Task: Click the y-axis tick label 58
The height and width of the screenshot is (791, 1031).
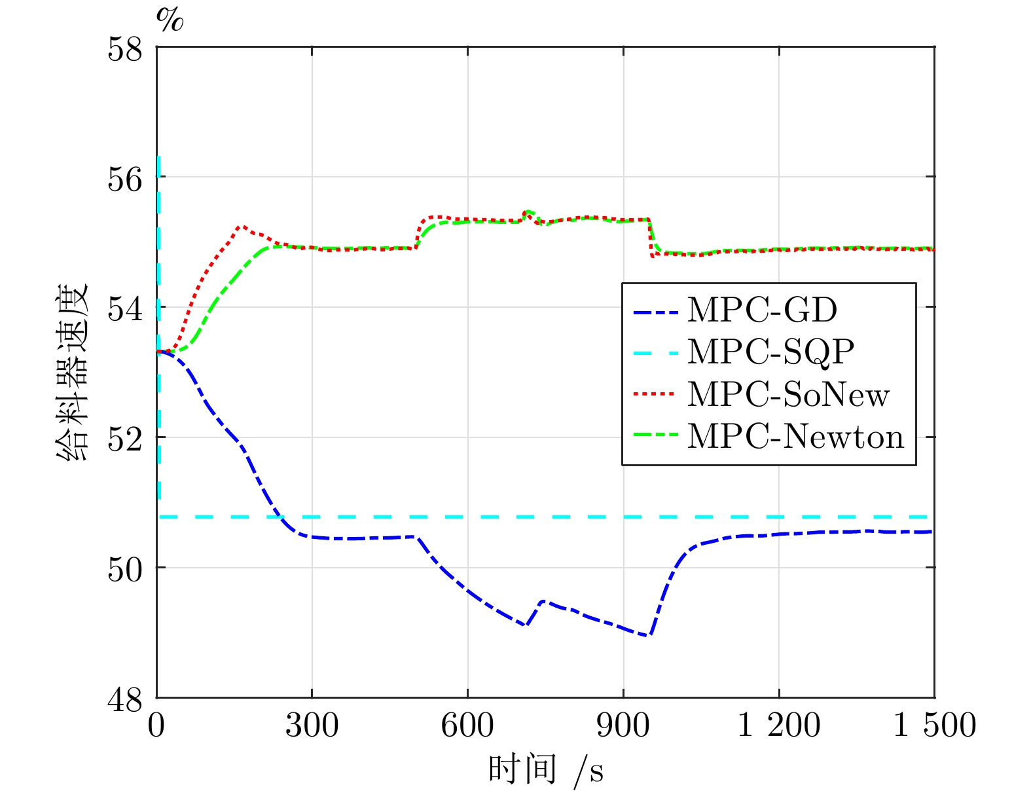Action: (125, 49)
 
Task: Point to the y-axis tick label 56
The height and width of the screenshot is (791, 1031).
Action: (125, 179)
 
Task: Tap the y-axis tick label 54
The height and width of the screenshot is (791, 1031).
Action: (125, 309)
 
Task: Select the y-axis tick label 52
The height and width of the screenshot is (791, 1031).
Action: (125, 439)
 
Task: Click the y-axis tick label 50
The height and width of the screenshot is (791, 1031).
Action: (125, 570)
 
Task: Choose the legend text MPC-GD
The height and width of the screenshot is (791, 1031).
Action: (763, 310)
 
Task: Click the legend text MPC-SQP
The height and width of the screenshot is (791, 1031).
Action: (771, 353)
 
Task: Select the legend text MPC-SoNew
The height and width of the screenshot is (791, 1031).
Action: (788, 394)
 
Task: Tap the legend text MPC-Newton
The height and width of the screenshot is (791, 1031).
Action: (795, 436)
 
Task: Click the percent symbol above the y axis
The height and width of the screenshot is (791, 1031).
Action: (170, 20)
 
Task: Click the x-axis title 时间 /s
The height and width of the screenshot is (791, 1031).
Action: (546, 770)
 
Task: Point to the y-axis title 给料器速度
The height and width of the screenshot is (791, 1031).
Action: (72, 371)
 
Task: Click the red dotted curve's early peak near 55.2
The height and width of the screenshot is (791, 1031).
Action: (242, 227)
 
